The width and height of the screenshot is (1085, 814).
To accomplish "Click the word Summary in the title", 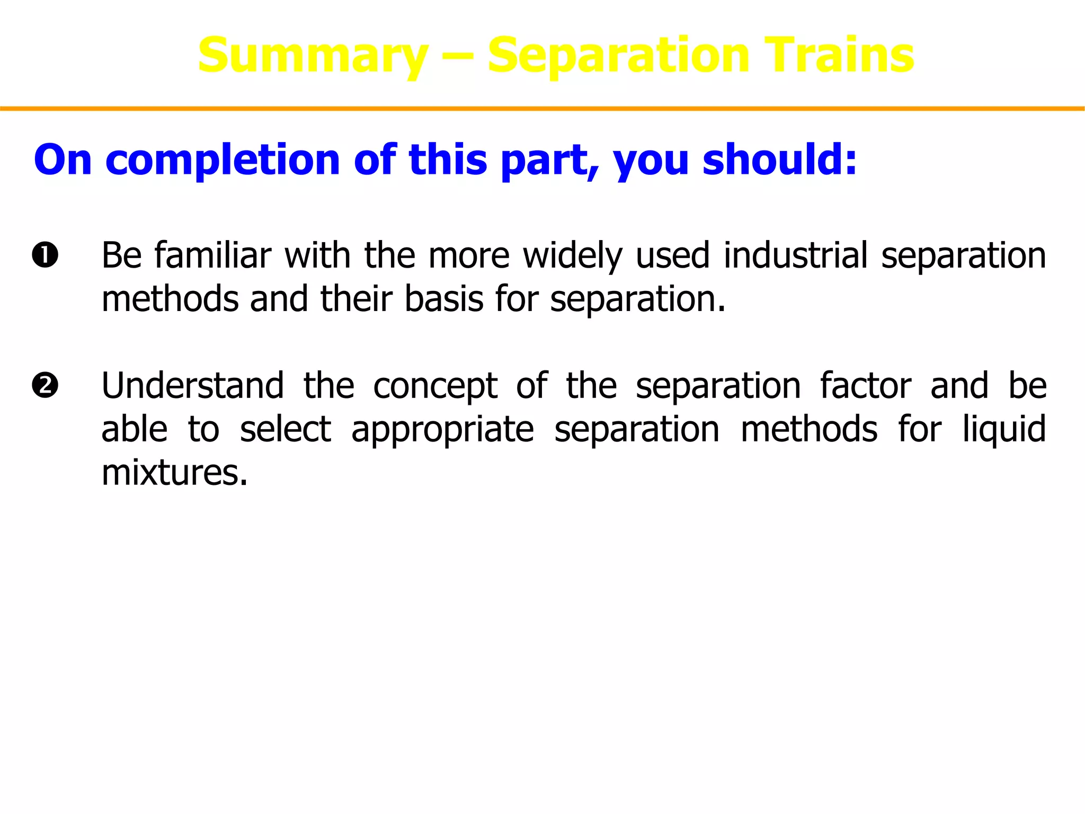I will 313,56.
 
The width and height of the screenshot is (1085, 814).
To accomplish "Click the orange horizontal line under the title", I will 542,109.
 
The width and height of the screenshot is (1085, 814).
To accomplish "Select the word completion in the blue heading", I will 223,160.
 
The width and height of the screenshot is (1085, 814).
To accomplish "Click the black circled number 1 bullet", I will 45,255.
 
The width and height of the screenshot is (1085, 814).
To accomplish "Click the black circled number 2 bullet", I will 45,385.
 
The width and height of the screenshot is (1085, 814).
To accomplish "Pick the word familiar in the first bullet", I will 212,255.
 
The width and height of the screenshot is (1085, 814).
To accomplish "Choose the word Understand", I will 192,385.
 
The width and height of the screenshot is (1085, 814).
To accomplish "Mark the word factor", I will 865,385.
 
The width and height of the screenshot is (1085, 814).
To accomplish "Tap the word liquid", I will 1003,429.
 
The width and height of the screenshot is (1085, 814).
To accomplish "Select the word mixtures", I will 174,472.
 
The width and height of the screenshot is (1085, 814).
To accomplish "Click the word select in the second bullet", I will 286,429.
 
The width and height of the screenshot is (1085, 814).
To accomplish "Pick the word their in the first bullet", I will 356,299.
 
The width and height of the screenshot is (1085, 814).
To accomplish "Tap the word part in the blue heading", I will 548,160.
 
